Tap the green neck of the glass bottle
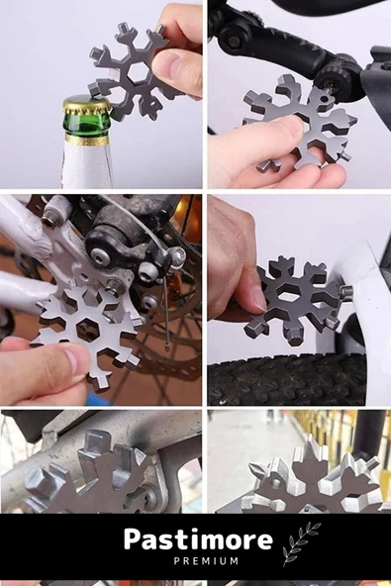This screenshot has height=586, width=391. tap(87, 125)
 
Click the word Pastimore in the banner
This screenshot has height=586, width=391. tap(198, 540)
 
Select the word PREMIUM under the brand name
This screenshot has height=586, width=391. tap(206, 561)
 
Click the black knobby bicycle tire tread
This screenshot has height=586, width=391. tap(287, 380)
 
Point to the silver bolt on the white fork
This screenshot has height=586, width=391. tap(346, 290)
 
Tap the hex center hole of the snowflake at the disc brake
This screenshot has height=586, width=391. tap(88, 329)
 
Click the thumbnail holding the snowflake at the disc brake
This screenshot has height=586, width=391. tap(76, 358)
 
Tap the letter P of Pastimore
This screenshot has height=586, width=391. tap(133, 538)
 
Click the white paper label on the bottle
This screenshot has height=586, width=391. tap(87, 163)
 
